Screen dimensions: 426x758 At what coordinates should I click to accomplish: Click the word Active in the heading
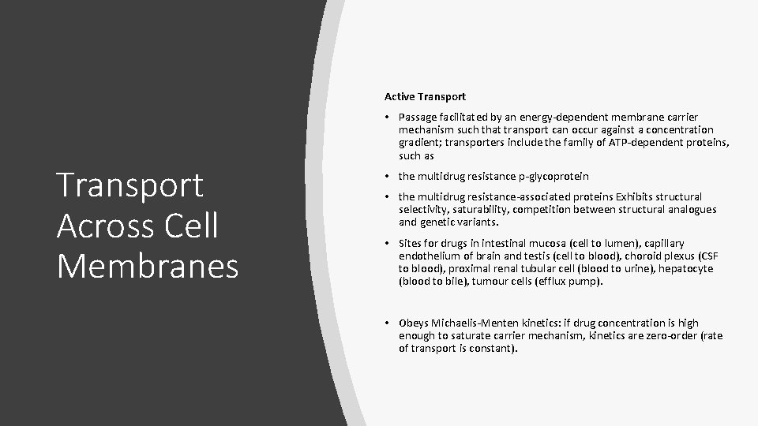401,96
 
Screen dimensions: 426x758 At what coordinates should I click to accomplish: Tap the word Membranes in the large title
148,266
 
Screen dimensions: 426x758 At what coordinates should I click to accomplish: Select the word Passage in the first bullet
418,117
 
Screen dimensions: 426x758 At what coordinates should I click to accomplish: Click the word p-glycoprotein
549,176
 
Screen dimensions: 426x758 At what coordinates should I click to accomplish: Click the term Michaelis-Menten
471,323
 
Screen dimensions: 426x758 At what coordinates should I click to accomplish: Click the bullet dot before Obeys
388,323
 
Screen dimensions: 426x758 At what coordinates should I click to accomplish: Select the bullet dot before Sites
388,243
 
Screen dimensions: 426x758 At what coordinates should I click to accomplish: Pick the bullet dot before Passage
388,117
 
